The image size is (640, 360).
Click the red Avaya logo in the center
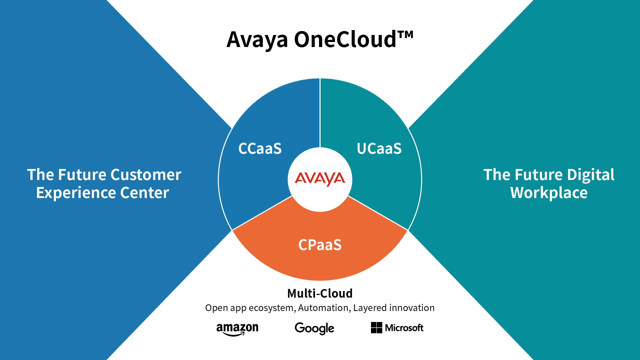(320, 179)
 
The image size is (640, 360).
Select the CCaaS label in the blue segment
(260, 149)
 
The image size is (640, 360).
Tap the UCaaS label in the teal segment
(379, 149)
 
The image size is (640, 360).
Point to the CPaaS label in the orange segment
(320, 245)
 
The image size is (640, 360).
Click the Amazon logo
(237, 329)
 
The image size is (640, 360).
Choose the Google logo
(314, 328)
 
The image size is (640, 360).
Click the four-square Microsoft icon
(376, 328)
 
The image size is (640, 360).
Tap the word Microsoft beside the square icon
(404, 328)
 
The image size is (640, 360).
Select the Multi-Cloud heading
(320, 293)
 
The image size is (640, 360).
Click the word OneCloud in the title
(345, 40)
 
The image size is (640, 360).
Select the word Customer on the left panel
(146, 175)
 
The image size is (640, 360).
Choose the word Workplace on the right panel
(549, 193)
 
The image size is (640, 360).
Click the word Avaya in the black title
(257, 40)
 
